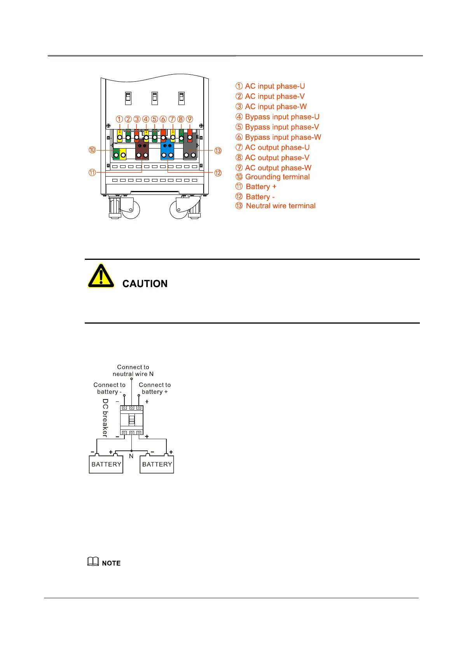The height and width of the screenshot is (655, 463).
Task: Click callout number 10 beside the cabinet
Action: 92,150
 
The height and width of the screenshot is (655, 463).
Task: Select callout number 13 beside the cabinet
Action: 218,151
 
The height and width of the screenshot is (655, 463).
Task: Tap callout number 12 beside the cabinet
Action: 218,173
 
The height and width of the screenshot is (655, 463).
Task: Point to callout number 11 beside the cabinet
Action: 92,172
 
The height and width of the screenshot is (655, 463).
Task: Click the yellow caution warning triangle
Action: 101,276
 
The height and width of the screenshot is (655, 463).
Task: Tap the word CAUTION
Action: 145,284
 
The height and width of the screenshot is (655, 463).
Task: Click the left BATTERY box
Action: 106,464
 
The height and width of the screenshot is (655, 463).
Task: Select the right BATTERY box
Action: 157,464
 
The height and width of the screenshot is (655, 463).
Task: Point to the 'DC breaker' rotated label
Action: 105,418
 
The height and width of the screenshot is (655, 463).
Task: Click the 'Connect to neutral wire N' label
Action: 133,370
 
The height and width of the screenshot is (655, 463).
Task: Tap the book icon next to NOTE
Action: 93,562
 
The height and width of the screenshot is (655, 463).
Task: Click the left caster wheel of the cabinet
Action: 131,209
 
